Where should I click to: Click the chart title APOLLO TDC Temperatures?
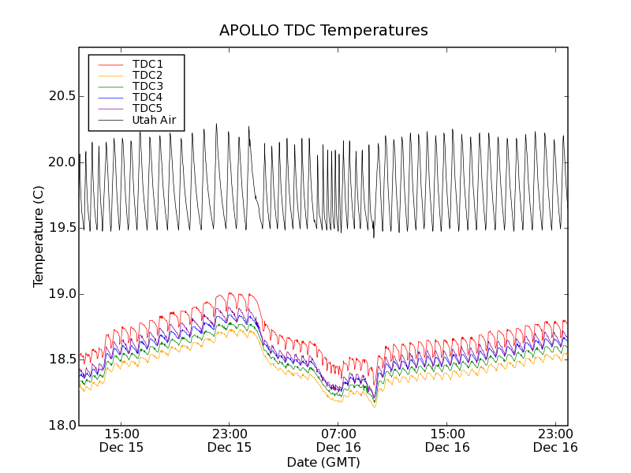pos(323,31)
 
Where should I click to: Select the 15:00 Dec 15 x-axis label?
pos(121,440)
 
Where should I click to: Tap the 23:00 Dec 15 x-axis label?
pos(230,440)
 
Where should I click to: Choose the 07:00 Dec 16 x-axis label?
pos(338,440)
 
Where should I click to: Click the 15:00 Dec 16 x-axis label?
pos(447,440)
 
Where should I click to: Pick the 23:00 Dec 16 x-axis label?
pos(555,440)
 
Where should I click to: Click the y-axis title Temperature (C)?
pos(39,236)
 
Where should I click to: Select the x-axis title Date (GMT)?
pos(323,462)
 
